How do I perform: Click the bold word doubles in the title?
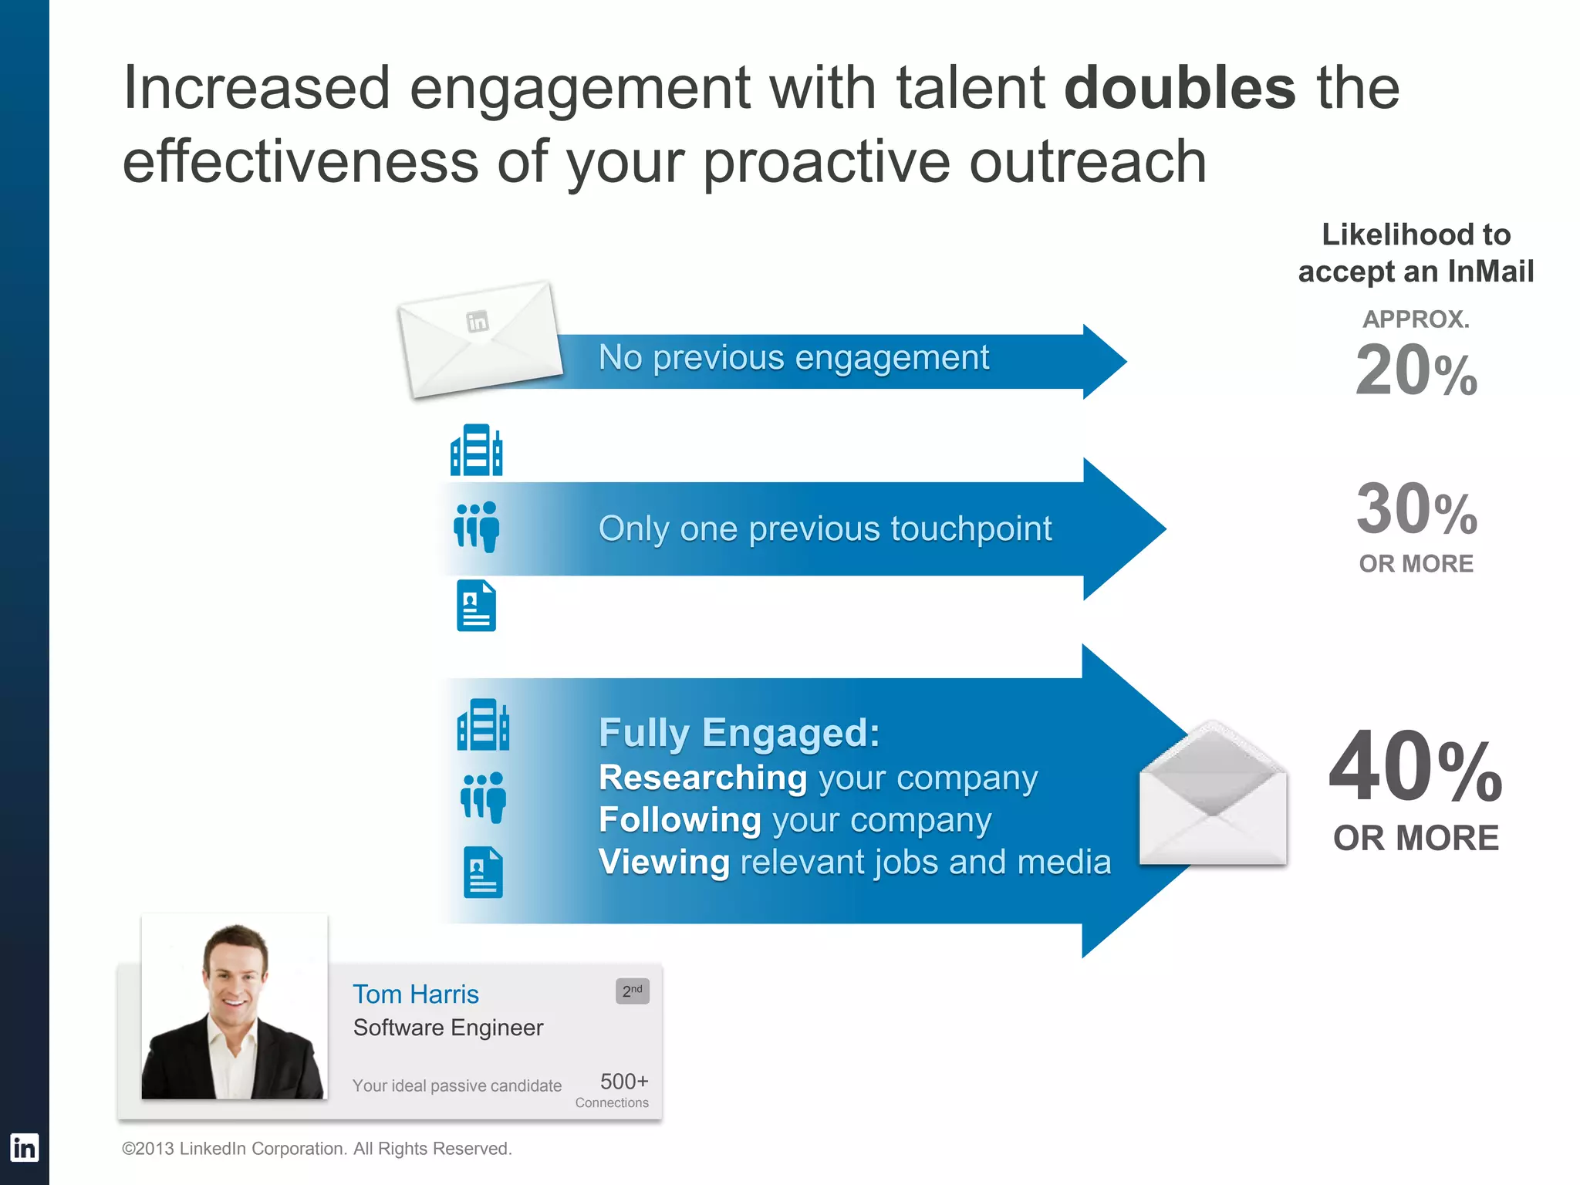1180,87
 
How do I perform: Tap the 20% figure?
1416,371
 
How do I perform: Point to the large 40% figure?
1416,768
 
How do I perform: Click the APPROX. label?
1416,319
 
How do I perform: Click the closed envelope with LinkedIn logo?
481,339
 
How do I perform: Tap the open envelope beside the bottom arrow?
1213,795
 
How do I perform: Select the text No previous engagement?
793,358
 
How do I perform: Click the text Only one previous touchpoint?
825,529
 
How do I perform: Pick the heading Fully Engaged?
738,733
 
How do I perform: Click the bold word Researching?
703,778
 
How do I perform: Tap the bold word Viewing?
663,862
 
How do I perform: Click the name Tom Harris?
415,994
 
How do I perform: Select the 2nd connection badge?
632,991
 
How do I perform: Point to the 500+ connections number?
623,1081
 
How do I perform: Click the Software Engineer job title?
447,1028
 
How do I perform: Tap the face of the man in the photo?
235,976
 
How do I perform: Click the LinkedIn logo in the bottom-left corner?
24,1148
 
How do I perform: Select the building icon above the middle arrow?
476,450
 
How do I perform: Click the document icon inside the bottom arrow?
483,873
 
